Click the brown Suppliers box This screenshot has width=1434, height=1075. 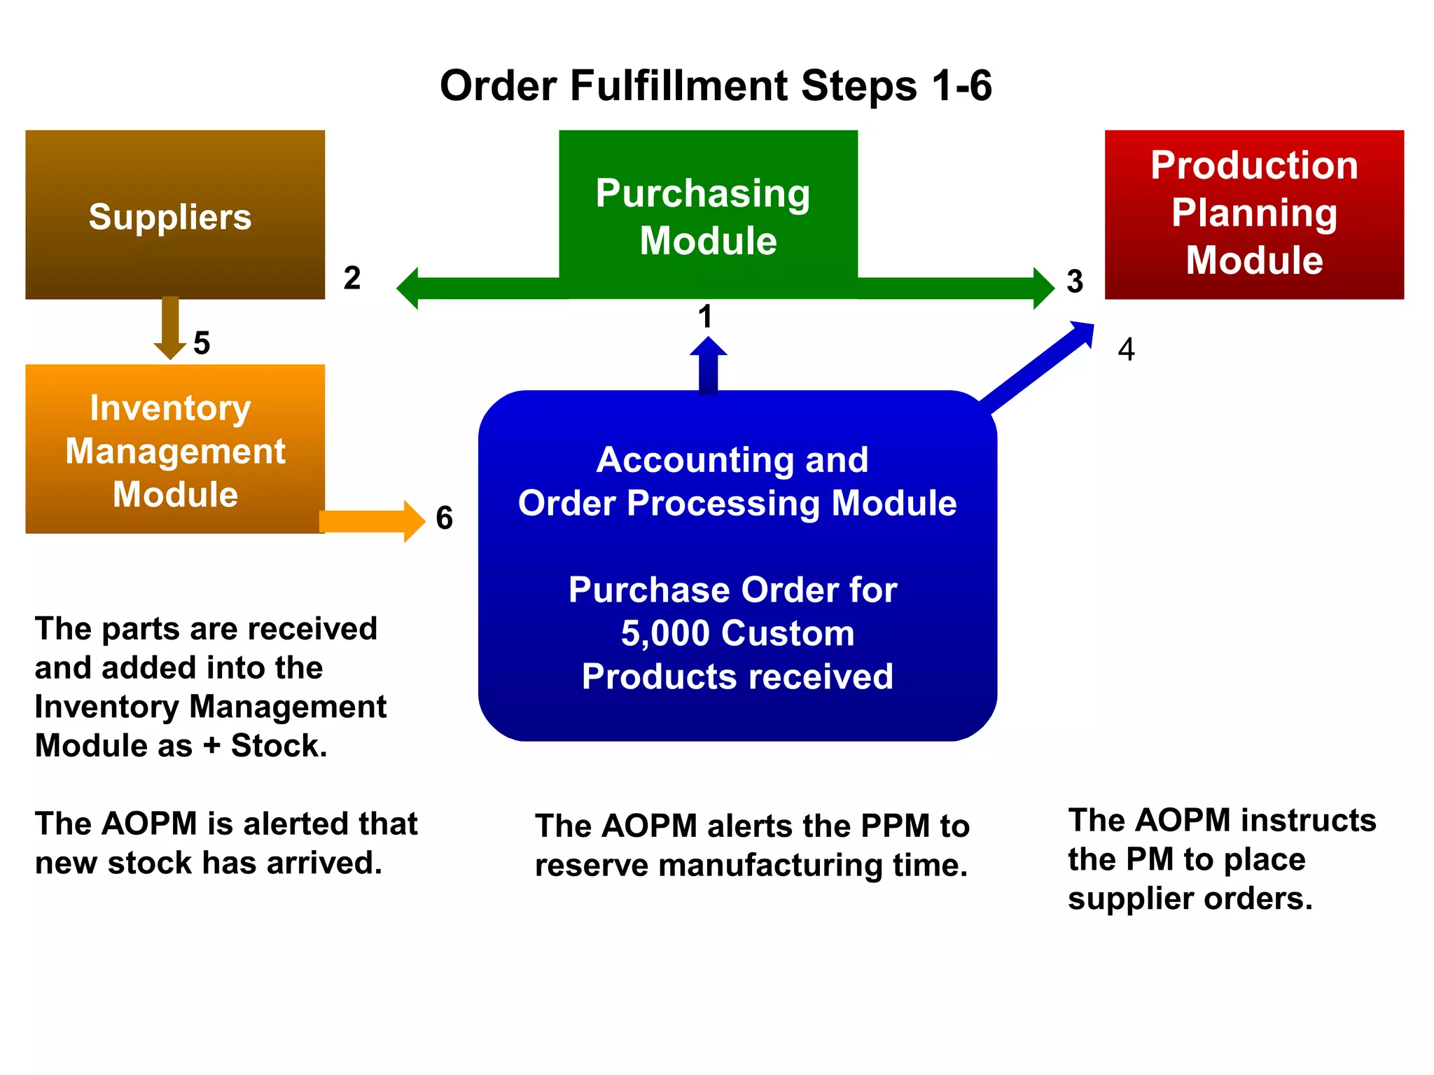(x=175, y=214)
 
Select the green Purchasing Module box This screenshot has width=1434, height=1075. (x=708, y=210)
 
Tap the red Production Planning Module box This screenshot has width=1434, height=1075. (x=1254, y=214)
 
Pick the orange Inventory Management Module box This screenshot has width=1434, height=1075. (x=175, y=449)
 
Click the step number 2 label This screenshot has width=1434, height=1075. (x=352, y=278)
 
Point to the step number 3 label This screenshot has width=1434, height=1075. (x=1075, y=282)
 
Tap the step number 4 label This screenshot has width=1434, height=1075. (x=1126, y=349)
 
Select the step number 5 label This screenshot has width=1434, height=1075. (x=202, y=343)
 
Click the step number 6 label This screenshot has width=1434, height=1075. (x=444, y=518)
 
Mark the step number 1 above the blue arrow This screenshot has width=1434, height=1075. (x=705, y=317)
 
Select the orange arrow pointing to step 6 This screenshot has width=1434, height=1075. (x=371, y=522)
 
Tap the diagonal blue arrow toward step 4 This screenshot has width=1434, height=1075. (x=1036, y=368)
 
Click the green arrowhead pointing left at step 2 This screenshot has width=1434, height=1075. (x=409, y=288)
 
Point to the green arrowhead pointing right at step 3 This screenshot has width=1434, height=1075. (x=1043, y=288)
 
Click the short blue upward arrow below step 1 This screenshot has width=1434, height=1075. (x=708, y=366)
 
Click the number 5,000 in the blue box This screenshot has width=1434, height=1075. (x=665, y=633)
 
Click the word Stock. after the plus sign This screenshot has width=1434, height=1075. (x=279, y=745)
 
